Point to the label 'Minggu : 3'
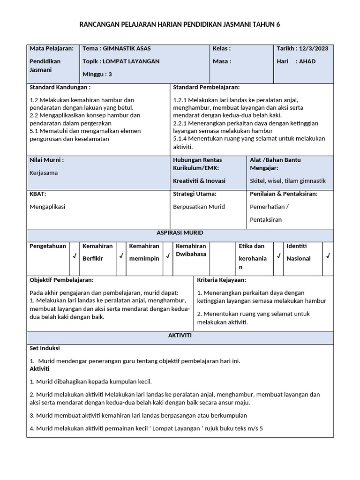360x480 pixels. tap(97, 74)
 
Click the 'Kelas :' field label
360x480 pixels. tap(222, 48)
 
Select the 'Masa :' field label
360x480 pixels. tap(222, 61)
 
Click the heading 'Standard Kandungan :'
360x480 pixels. tap(60, 87)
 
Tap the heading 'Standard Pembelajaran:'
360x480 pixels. tap(206, 87)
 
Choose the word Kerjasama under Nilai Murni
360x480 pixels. tap(44, 172)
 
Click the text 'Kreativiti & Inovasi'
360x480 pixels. tap(199, 181)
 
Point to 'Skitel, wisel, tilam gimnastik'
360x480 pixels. tap(288, 181)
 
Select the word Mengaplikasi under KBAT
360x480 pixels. tap(47, 207)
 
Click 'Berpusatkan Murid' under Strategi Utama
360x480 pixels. tap(199, 207)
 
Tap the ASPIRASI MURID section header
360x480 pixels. tap(180, 233)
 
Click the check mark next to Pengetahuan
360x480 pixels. tap(74, 256)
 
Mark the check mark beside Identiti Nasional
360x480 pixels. tap(328, 256)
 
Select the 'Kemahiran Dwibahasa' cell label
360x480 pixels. tap(191, 250)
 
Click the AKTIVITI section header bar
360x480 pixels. tap(180, 336)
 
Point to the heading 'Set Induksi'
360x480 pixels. tap(45, 348)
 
